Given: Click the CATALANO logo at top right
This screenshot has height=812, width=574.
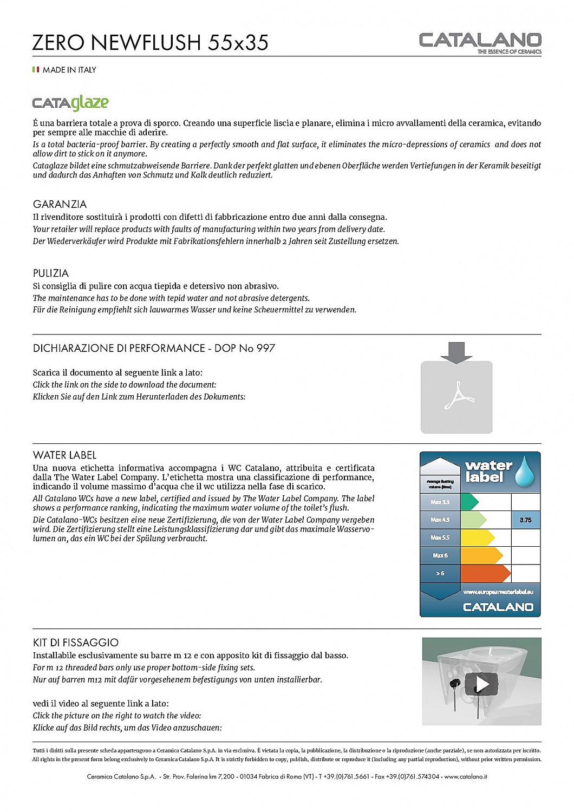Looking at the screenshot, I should [480, 41].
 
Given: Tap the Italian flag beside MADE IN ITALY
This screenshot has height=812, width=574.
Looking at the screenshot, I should [36, 70].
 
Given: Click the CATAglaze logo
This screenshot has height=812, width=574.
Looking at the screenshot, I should [70, 102].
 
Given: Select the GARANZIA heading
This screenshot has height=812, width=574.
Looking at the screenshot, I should [60, 204].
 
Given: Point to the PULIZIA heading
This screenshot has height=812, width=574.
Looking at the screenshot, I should [51, 273].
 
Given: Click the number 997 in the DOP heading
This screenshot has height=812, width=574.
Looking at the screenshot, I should [265, 348].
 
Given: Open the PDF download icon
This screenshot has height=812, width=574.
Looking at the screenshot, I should [456, 397].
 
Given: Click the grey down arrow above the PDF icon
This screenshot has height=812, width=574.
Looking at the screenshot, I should [456, 352].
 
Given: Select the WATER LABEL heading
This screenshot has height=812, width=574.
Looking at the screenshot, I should [64, 455].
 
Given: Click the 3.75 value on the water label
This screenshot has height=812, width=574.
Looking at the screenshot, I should [525, 520].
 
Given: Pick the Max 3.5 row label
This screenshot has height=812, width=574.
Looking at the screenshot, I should [440, 502].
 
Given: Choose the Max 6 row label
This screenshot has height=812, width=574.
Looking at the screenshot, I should [440, 555].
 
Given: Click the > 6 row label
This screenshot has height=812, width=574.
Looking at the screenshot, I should [440, 573].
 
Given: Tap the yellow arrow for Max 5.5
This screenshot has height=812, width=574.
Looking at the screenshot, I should [477, 538].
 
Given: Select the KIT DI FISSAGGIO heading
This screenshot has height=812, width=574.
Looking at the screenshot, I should [76, 643].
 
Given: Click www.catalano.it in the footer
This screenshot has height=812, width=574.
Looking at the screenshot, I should [466, 777].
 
